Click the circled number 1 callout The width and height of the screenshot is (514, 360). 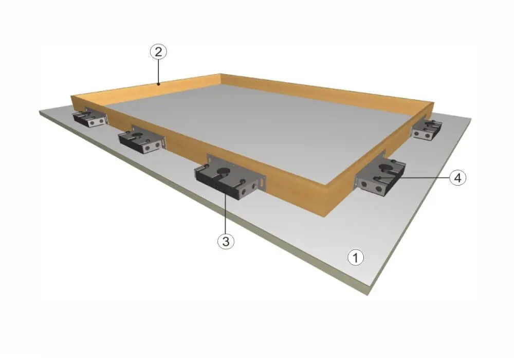pyautogui.click(x=355, y=257)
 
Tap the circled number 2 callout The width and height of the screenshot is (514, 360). pyautogui.click(x=158, y=52)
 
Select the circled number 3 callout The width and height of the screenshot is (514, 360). pyautogui.click(x=226, y=241)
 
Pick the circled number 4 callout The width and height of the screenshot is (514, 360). pyautogui.click(x=457, y=178)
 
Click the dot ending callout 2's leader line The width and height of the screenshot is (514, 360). pyautogui.click(x=158, y=84)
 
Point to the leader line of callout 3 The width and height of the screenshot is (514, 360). pyautogui.click(x=226, y=212)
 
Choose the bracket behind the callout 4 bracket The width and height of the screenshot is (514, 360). pyautogui.click(x=427, y=129)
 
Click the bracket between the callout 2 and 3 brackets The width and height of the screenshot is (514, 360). pyautogui.click(x=142, y=140)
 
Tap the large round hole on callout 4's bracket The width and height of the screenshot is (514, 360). pyautogui.click(x=384, y=168)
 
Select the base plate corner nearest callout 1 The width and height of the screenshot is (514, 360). pyautogui.click(x=369, y=294)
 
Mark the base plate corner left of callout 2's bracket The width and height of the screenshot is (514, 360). pyautogui.click(x=40, y=112)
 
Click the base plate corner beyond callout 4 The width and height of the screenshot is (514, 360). pyautogui.click(x=471, y=119)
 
